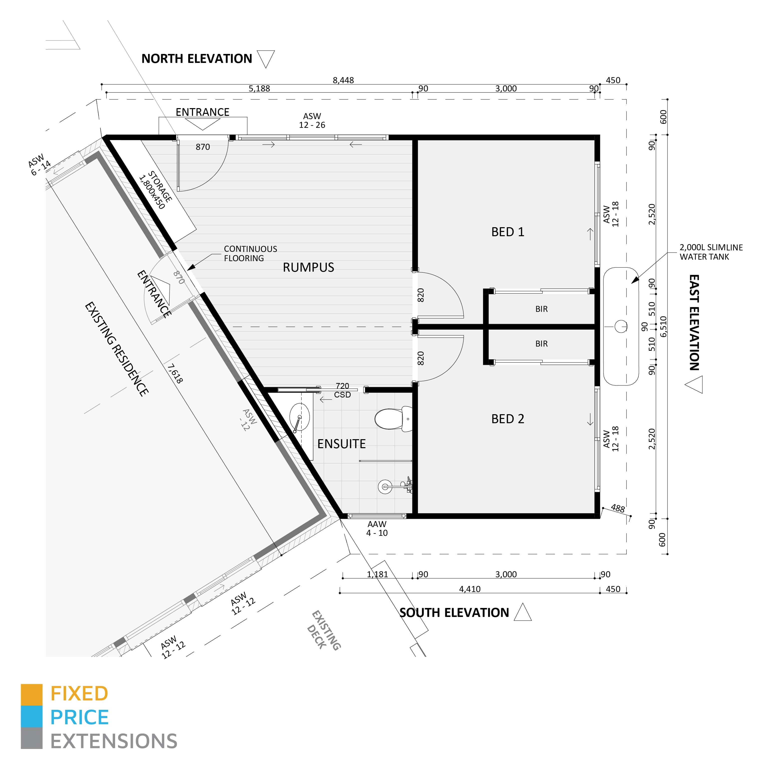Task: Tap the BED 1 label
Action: [x=507, y=232]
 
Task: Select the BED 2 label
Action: [x=507, y=419]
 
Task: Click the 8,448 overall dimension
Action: [x=343, y=80]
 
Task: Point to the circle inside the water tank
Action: [x=620, y=327]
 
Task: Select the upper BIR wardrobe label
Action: [x=541, y=309]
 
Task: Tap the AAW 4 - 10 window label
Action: [x=377, y=529]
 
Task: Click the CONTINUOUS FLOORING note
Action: [x=250, y=253]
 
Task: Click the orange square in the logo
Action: [x=31, y=695]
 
